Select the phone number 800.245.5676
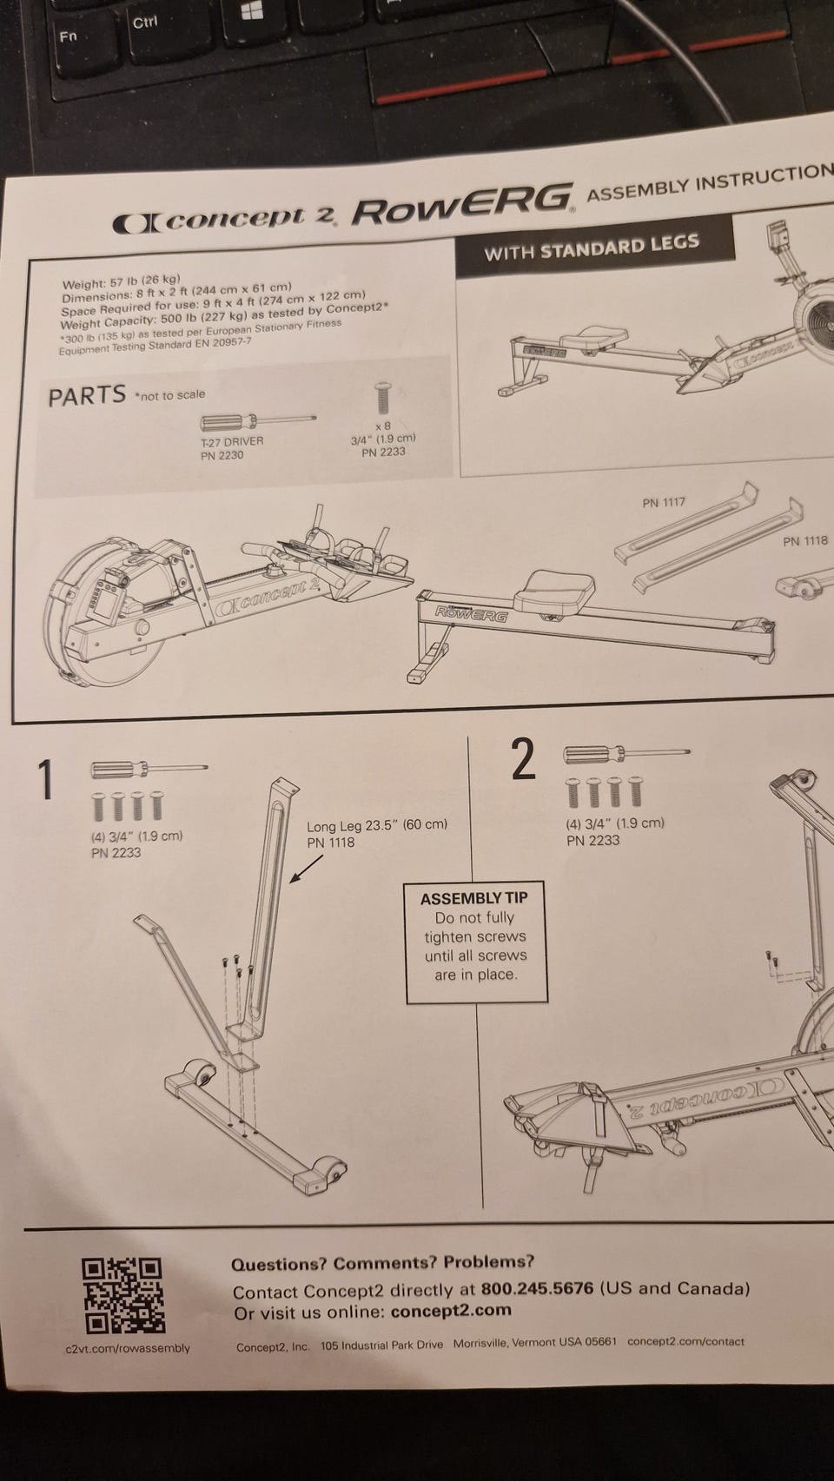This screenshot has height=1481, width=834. point(537,1288)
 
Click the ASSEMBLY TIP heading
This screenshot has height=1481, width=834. point(474,898)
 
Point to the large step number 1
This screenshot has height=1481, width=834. point(47,779)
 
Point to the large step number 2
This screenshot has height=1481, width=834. point(523,761)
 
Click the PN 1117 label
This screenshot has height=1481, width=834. point(664,502)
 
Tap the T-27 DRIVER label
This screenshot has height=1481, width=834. point(231,441)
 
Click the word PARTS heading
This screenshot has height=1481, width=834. point(87,396)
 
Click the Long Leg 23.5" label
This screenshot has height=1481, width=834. point(376,825)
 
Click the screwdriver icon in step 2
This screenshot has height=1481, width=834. point(625,753)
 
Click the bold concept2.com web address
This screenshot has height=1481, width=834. point(451,1311)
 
